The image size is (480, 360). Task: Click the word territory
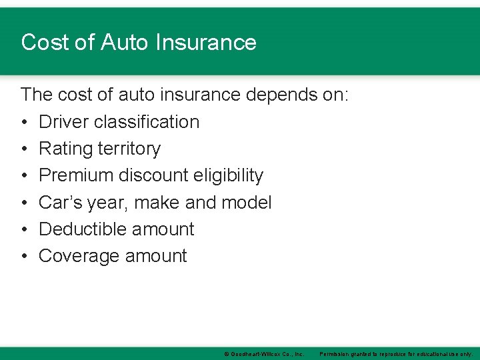(129, 149)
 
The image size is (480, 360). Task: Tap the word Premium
(76, 175)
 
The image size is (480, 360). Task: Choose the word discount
(153, 175)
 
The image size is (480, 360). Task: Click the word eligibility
(228, 175)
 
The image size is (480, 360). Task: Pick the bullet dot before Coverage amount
(24, 256)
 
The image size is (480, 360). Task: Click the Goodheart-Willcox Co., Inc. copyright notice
(264, 353)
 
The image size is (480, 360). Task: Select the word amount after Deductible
(163, 229)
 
